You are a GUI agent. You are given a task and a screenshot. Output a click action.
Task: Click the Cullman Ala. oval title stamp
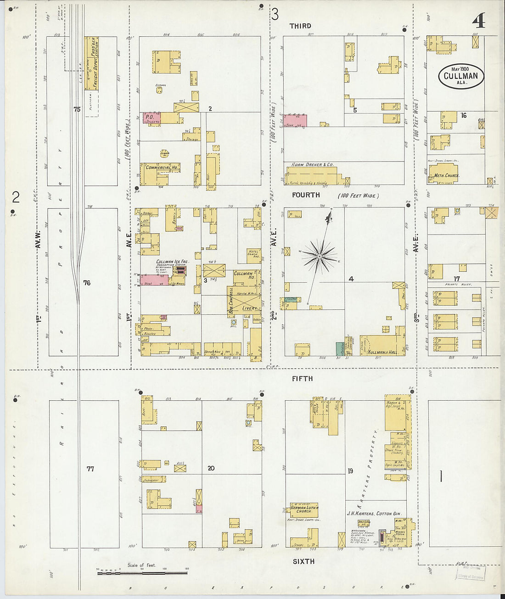(x=461, y=76)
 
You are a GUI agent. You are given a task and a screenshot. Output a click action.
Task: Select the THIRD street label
(x=300, y=26)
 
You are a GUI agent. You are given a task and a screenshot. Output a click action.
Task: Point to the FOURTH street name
(x=306, y=195)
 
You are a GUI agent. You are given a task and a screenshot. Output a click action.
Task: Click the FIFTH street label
(x=302, y=379)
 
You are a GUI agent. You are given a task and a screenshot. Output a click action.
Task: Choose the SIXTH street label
(x=303, y=561)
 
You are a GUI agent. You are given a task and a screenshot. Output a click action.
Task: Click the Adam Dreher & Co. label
(x=312, y=164)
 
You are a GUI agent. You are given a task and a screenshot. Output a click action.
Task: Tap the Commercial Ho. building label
(x=162, y=168)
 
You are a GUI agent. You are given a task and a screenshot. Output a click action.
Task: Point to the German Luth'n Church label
(x=303, y=509)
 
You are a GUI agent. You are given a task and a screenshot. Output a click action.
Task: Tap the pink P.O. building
(x=150, y=118)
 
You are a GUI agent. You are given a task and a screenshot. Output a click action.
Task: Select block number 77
(x=90, y=469)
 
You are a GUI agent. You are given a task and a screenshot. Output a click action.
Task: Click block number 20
(x=211, y=468)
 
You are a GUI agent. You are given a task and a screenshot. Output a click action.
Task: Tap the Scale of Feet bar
(x=142, y=572)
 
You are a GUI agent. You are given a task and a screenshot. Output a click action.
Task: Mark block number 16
(x=464, y=115)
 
